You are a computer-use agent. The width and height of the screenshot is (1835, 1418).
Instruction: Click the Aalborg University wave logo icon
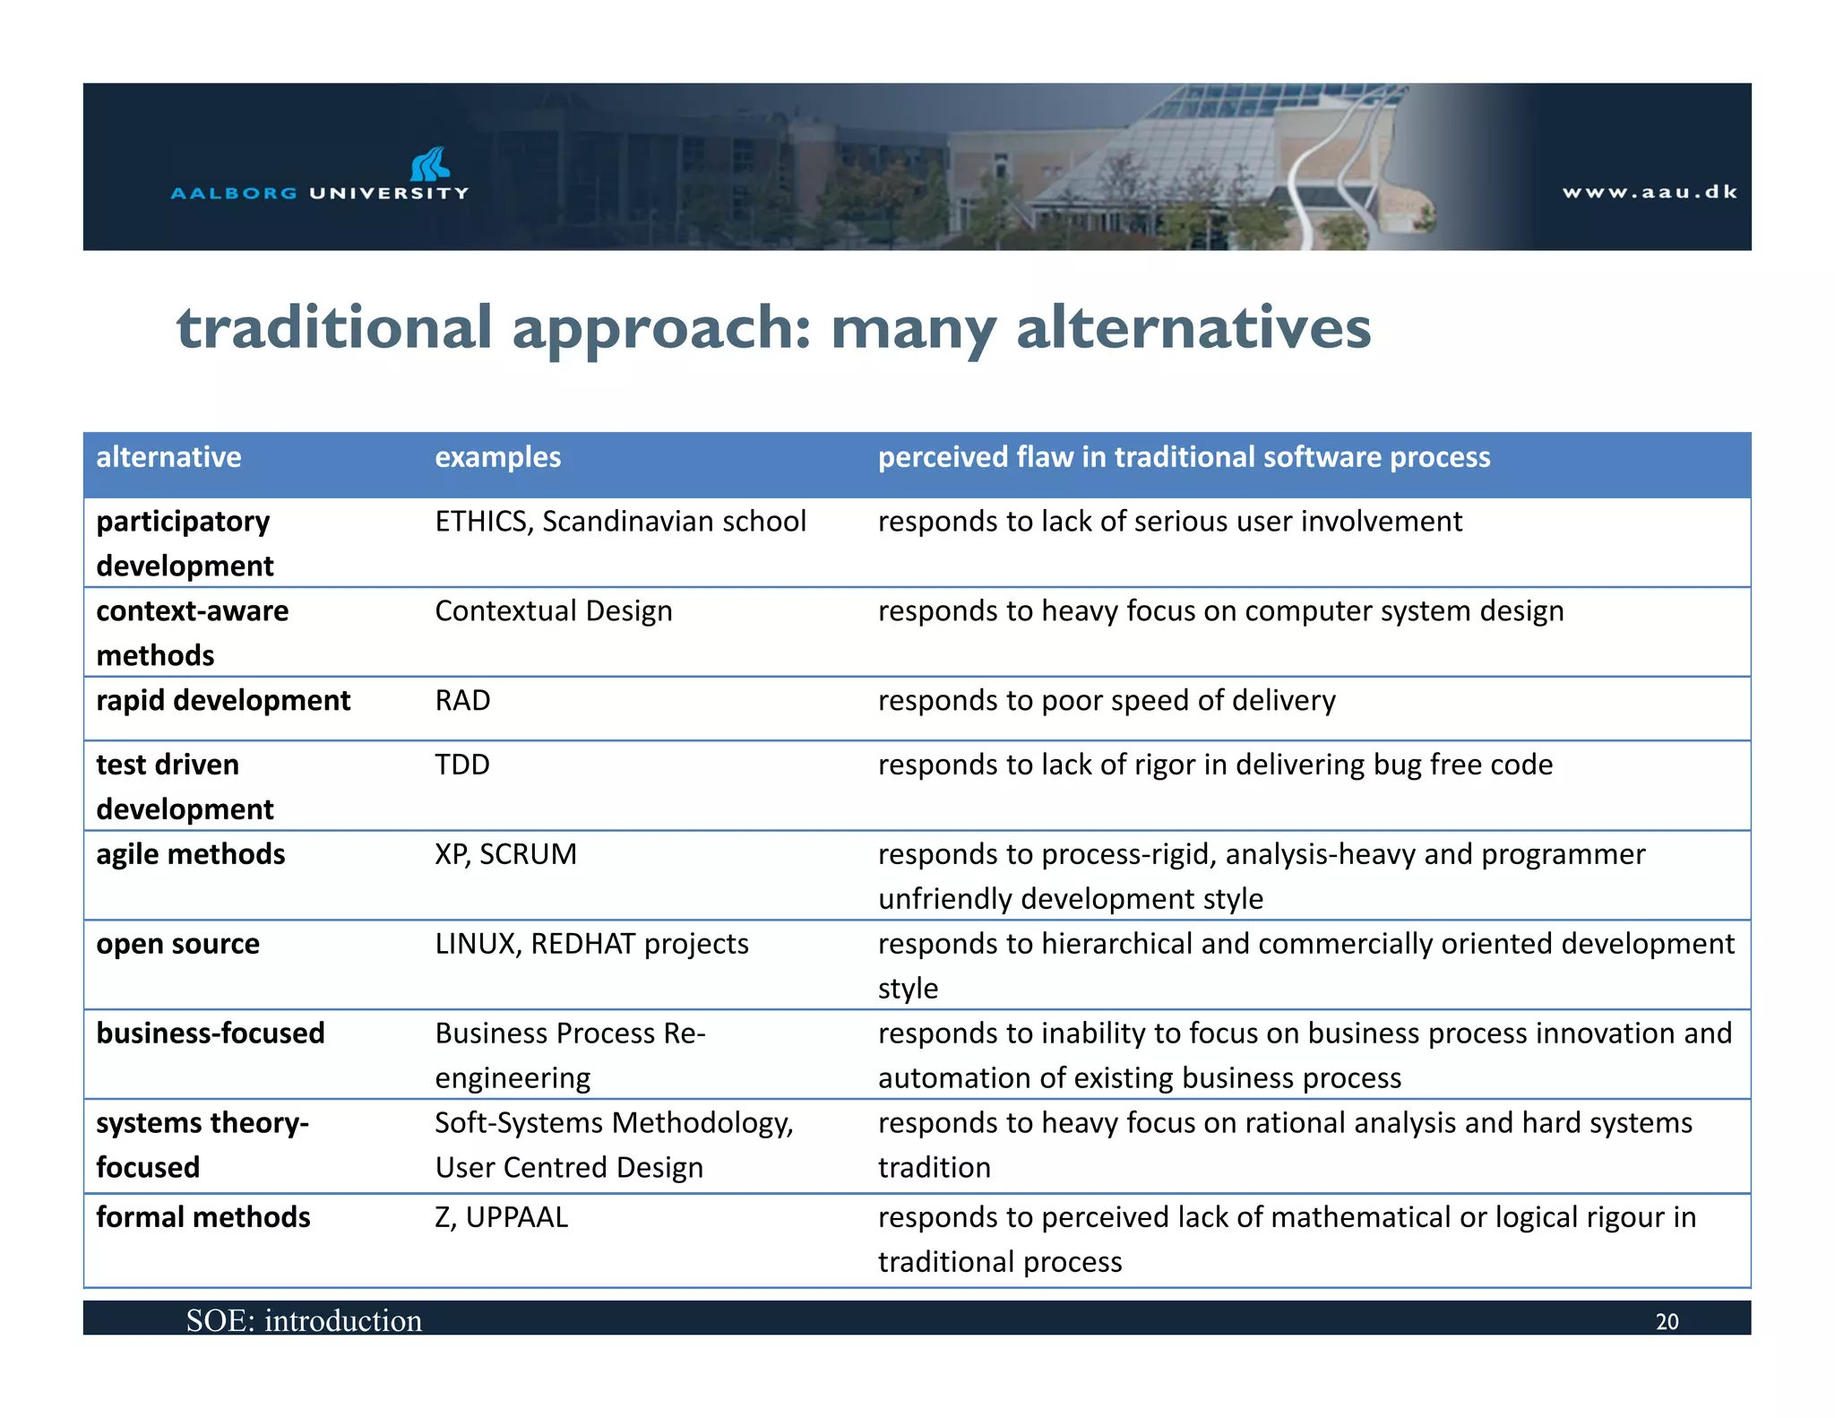click(430, 165)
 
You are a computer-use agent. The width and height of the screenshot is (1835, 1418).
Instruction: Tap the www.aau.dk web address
click(1650, 192)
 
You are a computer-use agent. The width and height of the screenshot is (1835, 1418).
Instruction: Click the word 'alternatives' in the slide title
click(1193, 328)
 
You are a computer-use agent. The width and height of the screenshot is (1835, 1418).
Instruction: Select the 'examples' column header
click(497, 457)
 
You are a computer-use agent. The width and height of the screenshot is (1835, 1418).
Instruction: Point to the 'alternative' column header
click(168, 457)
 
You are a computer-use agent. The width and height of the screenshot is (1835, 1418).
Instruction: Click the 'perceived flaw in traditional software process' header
click(1184, 457)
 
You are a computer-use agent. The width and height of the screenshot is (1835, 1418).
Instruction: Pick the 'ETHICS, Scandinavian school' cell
click(620, 522)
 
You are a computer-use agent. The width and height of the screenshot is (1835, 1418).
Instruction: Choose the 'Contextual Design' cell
click(553, 611)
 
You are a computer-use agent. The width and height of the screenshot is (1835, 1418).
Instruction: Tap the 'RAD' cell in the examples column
click(462, 700)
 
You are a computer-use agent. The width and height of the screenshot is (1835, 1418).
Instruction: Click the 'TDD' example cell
click(462, 765)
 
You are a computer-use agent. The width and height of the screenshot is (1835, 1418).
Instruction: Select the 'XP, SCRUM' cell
click(505, 854)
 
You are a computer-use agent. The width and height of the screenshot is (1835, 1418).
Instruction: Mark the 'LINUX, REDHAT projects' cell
click(591, 944)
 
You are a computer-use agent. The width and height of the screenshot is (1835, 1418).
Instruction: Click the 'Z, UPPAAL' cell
click(501, 1217)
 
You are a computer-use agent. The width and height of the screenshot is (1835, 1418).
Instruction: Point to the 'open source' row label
click(177, 944)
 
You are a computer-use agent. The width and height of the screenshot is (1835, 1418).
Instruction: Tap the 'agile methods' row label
click(190, 854)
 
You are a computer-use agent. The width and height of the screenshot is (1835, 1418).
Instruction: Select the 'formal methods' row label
click(202, 1217)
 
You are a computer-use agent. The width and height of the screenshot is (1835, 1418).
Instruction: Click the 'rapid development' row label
click(223, 700)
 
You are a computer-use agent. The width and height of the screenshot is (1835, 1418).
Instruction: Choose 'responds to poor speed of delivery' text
click(1107, 700)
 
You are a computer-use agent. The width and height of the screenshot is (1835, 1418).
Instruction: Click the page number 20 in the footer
click(1667, 1322)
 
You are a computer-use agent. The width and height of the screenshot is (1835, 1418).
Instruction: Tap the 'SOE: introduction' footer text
click(304, 1321)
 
